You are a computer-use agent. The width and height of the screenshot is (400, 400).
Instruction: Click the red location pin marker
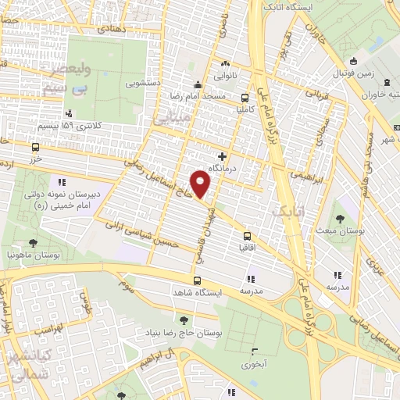[x=202, y=184]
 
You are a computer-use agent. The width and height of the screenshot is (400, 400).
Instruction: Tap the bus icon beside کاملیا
[x=246, y=98]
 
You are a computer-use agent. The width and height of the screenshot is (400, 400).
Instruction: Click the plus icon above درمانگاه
[x=223, y=156]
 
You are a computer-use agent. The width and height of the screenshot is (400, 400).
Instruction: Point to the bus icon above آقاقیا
[x=248, y=234]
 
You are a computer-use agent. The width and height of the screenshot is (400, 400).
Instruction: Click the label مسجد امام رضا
[x=199, y=95]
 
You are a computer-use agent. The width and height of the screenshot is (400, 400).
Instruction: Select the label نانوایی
[x=225, y=77]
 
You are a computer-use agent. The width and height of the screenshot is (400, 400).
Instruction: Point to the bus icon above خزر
[x=35, y=146]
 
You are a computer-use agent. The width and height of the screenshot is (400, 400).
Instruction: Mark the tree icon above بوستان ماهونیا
[x=33, y=242]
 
